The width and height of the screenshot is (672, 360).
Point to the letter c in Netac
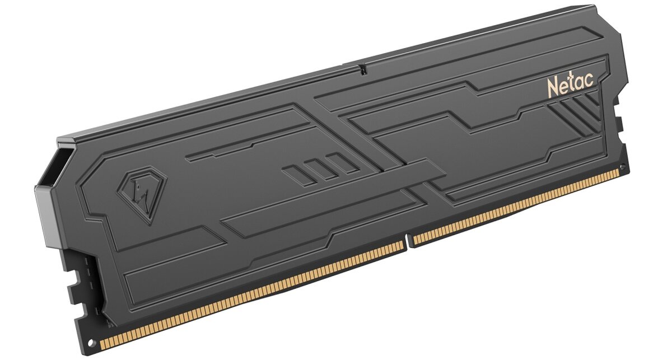(x=589, y=81)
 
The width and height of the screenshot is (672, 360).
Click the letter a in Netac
(x=580, y=83)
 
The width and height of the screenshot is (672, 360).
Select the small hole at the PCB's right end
(x=623, y=166)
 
